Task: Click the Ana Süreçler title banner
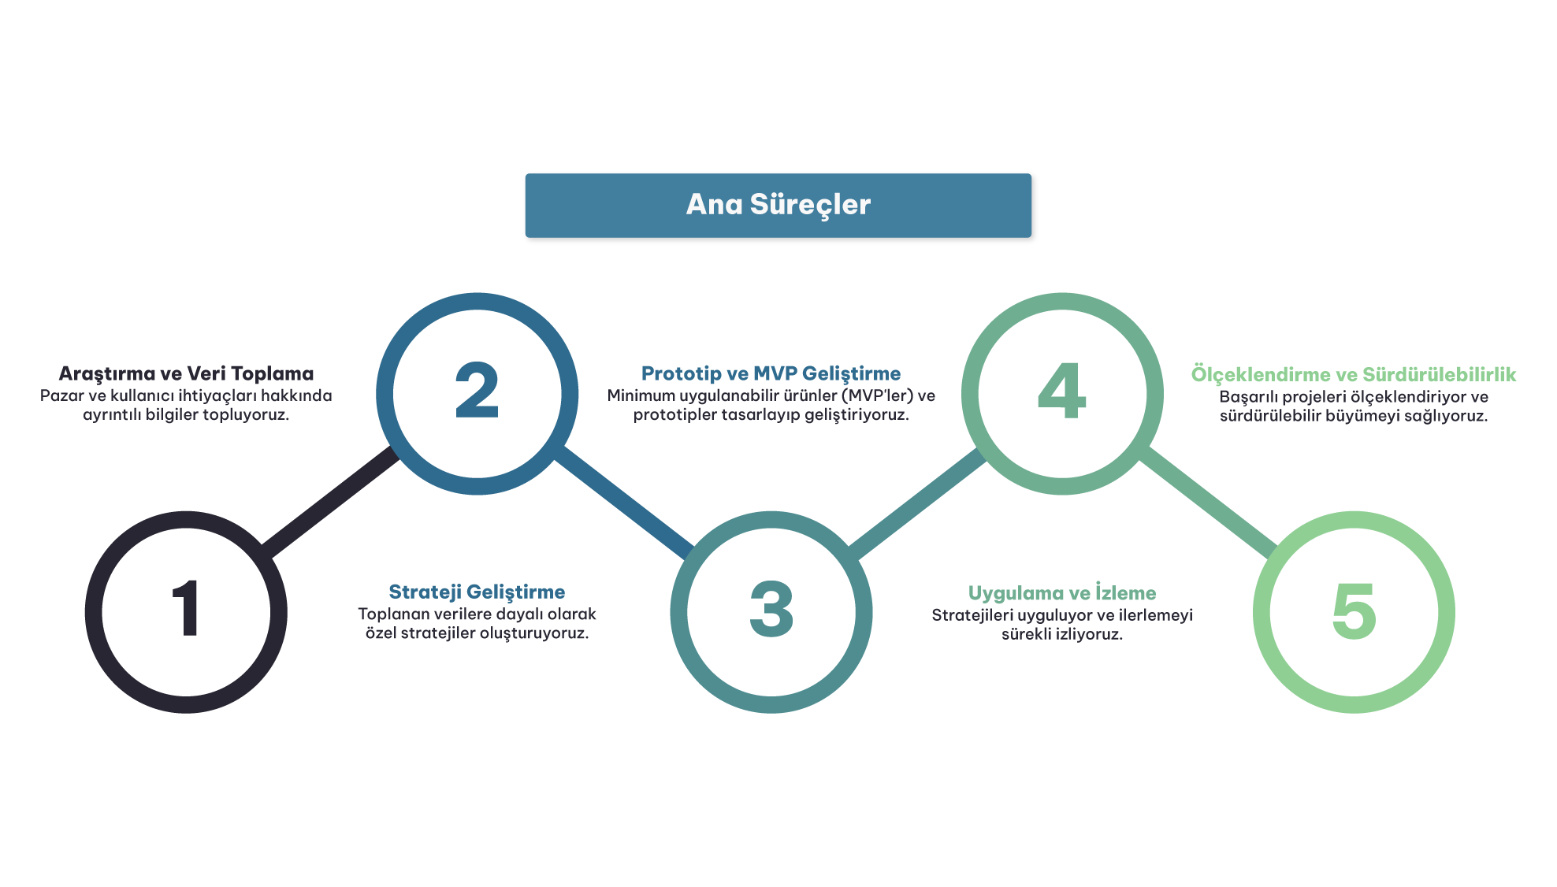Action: (778, 205)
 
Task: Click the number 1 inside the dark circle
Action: (187, 608)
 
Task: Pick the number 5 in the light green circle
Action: (1354, 610)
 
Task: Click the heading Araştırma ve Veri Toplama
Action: (186, 373)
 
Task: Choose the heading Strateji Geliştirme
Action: (477, 592)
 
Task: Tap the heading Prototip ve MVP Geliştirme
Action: (771, 373)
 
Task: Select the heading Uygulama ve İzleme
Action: (1062, 593)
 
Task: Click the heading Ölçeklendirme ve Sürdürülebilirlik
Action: (1353, 374)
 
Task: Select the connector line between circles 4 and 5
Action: (1209, 503)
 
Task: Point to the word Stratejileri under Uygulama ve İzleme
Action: (972, 615)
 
